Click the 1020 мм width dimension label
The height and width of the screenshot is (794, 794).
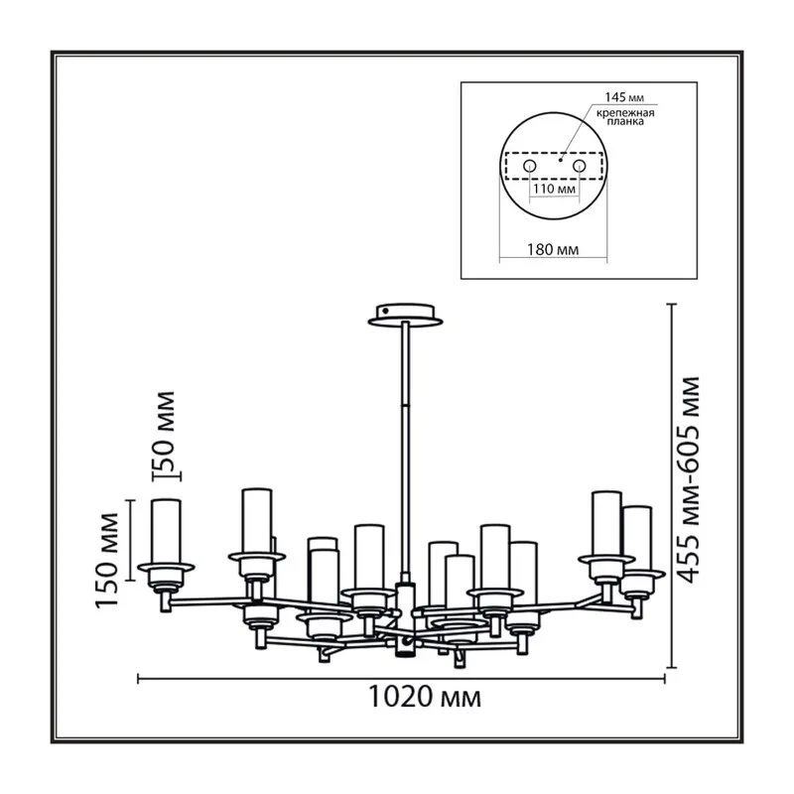425,698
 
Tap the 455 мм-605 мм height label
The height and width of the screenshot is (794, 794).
689,479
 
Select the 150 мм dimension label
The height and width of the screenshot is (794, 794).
107,560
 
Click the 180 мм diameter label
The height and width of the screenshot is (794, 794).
553,250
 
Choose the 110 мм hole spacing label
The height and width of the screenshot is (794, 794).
555,190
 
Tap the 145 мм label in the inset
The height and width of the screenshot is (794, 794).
624,97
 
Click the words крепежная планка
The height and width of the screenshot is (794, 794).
625,117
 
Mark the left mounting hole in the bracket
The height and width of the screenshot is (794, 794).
530,166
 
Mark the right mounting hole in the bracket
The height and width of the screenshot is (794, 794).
580,166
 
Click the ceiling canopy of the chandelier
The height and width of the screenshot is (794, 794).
405,315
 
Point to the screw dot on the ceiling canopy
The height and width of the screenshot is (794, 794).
386,311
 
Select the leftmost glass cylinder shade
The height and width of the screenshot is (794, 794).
166,531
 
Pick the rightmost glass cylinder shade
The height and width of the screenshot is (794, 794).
637,538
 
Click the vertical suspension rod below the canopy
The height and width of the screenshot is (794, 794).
405,450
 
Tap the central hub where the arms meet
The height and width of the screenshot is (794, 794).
405,620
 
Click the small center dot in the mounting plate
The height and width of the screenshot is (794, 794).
560,160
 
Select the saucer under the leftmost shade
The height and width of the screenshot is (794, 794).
166,567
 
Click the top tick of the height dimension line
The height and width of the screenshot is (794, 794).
672,305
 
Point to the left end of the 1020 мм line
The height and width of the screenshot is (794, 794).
138,679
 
